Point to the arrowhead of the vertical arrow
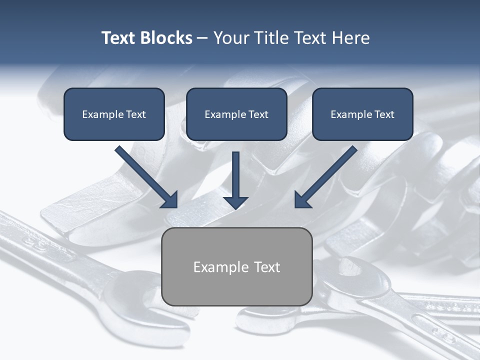point(236,202)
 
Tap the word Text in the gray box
point(267,267)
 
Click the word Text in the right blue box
point(384,114)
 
